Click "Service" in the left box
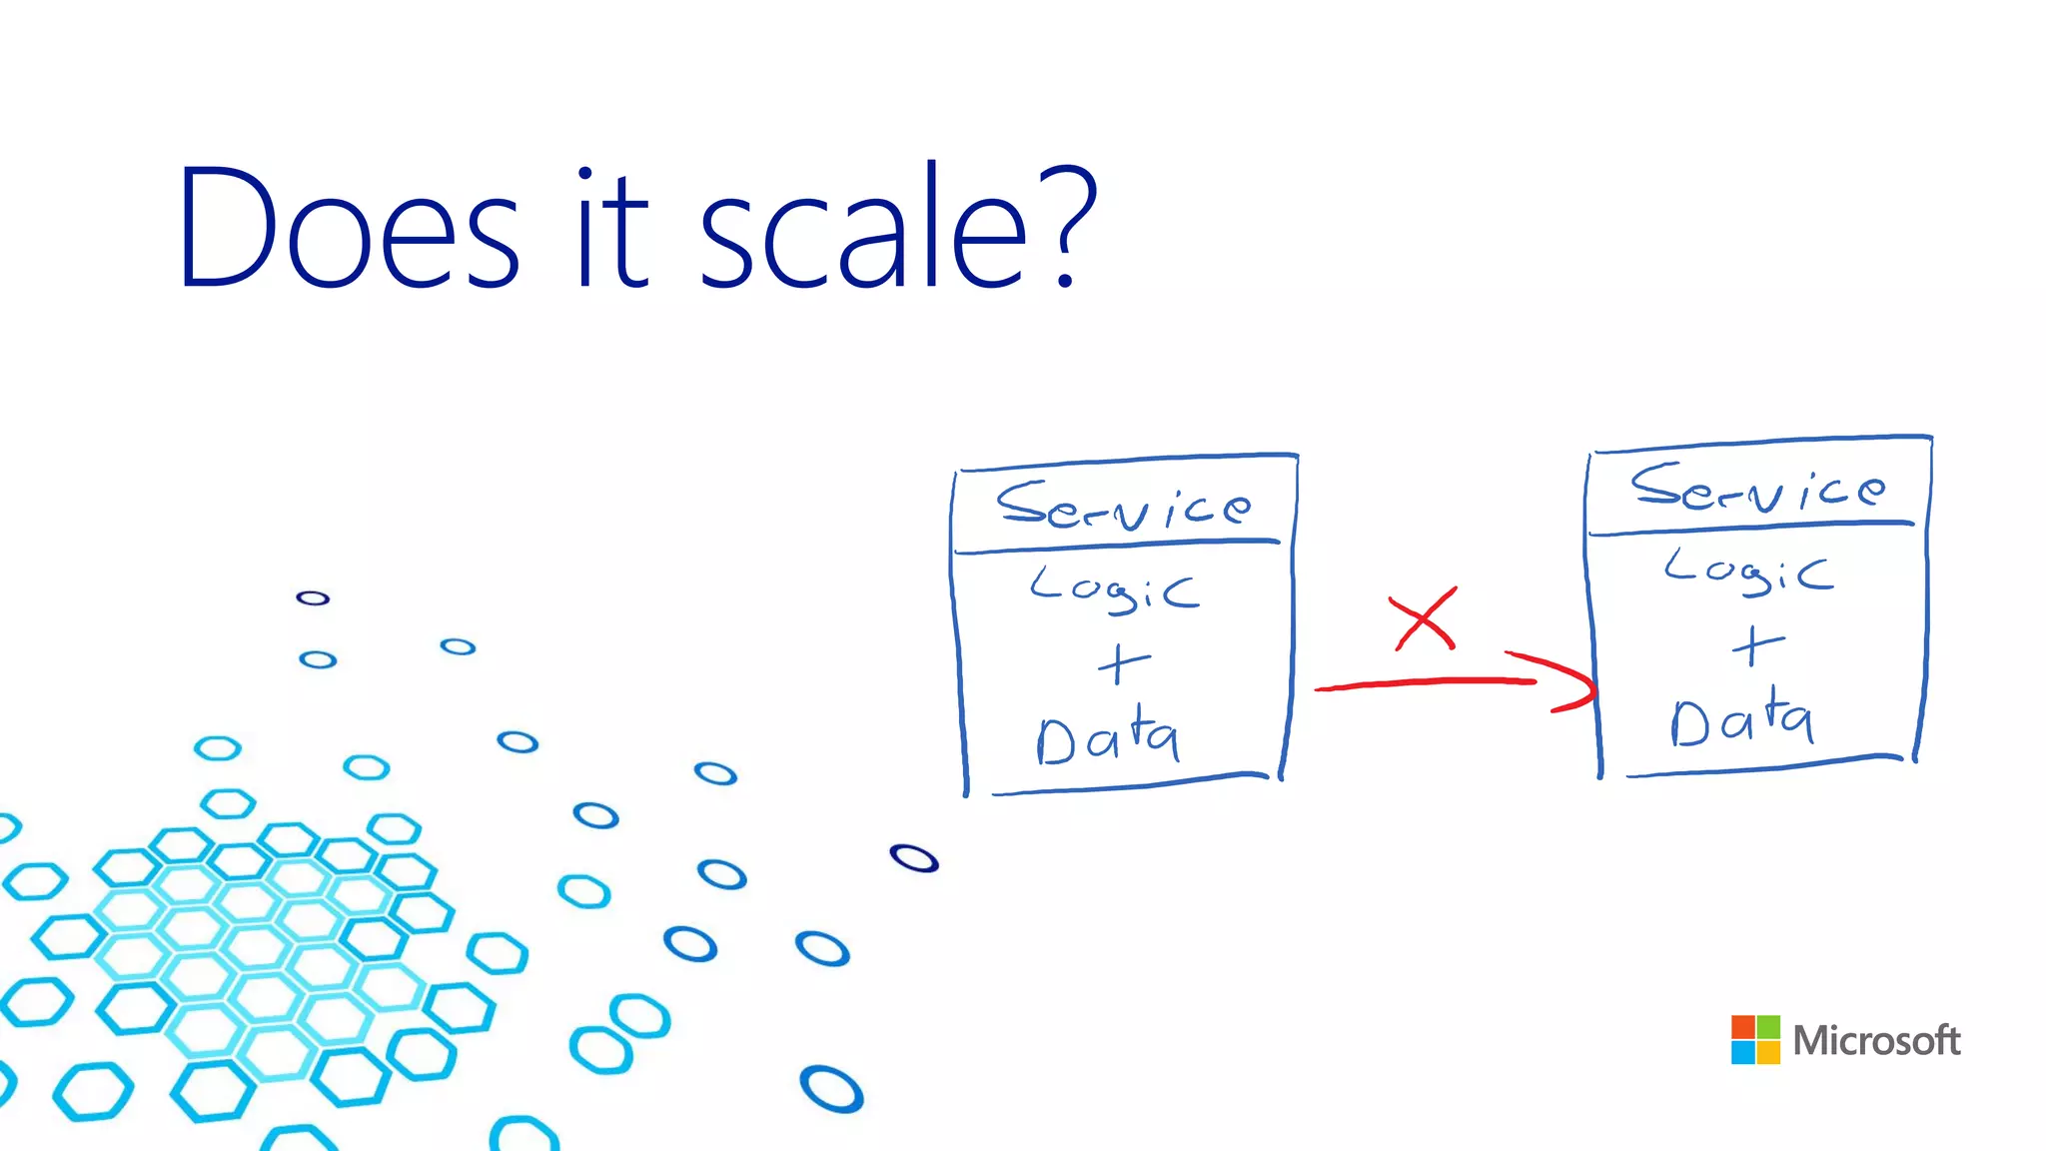tap(1123, 506)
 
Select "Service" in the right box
tap(1758, 488)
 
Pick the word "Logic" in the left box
tap(1113, 589)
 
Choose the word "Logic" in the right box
tap(1748, 572)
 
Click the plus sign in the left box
tap(1123, 663)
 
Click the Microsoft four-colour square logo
tap(1755, 1040)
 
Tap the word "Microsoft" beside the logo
tap(1876, 1041)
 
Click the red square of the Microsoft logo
tap(1743, 1028)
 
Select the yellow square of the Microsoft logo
tap(1768, 1053)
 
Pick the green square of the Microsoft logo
tap(1768, 1028)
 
